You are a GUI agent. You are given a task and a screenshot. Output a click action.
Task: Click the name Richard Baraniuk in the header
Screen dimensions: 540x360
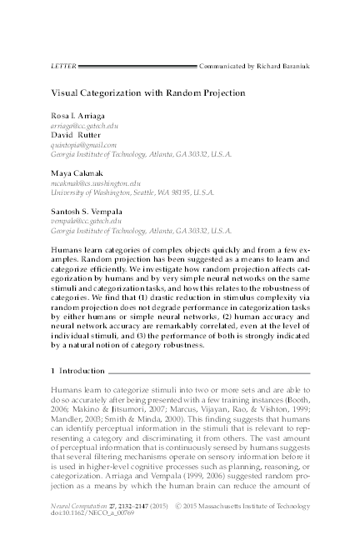[x=285, y=63]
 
